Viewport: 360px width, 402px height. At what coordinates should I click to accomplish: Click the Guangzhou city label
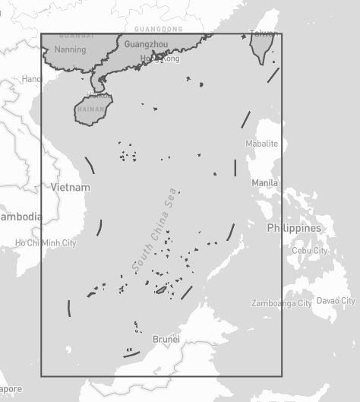pos(146,45)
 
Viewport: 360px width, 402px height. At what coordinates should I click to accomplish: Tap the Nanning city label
pos(70,49)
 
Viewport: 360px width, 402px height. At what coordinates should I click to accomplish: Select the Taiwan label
pos(264,33)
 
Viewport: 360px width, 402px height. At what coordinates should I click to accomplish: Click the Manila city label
pos(264,183)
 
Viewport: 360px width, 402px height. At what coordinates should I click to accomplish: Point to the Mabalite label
pos(261,144)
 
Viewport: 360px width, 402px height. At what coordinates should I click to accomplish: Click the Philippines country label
pos(294,228)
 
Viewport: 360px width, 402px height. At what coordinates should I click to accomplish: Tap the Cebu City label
pos(310,251)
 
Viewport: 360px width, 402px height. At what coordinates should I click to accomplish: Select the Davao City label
pos(336,301)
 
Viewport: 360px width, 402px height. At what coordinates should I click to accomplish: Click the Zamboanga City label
pos(283,303)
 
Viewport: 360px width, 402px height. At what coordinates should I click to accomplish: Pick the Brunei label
pos(166,339)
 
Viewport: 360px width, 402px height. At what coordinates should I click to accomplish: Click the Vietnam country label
pos(71,187)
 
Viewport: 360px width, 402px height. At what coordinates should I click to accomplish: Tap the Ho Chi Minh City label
pos(46,243)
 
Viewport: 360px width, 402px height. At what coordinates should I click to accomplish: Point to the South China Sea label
pos(154,231)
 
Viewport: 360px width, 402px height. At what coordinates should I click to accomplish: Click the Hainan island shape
pos(93,109)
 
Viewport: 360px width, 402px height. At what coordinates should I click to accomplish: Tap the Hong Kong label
pos(161,59)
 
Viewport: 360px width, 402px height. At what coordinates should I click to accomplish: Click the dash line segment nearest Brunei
pos(131,353)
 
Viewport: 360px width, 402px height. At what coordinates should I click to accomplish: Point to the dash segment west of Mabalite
pos(245,119)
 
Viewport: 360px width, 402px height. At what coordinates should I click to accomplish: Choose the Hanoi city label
pos(32,79)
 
